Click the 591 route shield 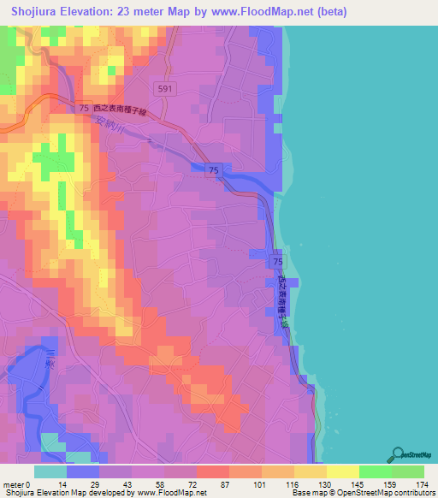(166, 88)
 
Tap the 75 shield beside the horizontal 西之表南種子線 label (83, 109)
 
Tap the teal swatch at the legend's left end (50, 471)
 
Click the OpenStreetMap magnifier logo (398, 454)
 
